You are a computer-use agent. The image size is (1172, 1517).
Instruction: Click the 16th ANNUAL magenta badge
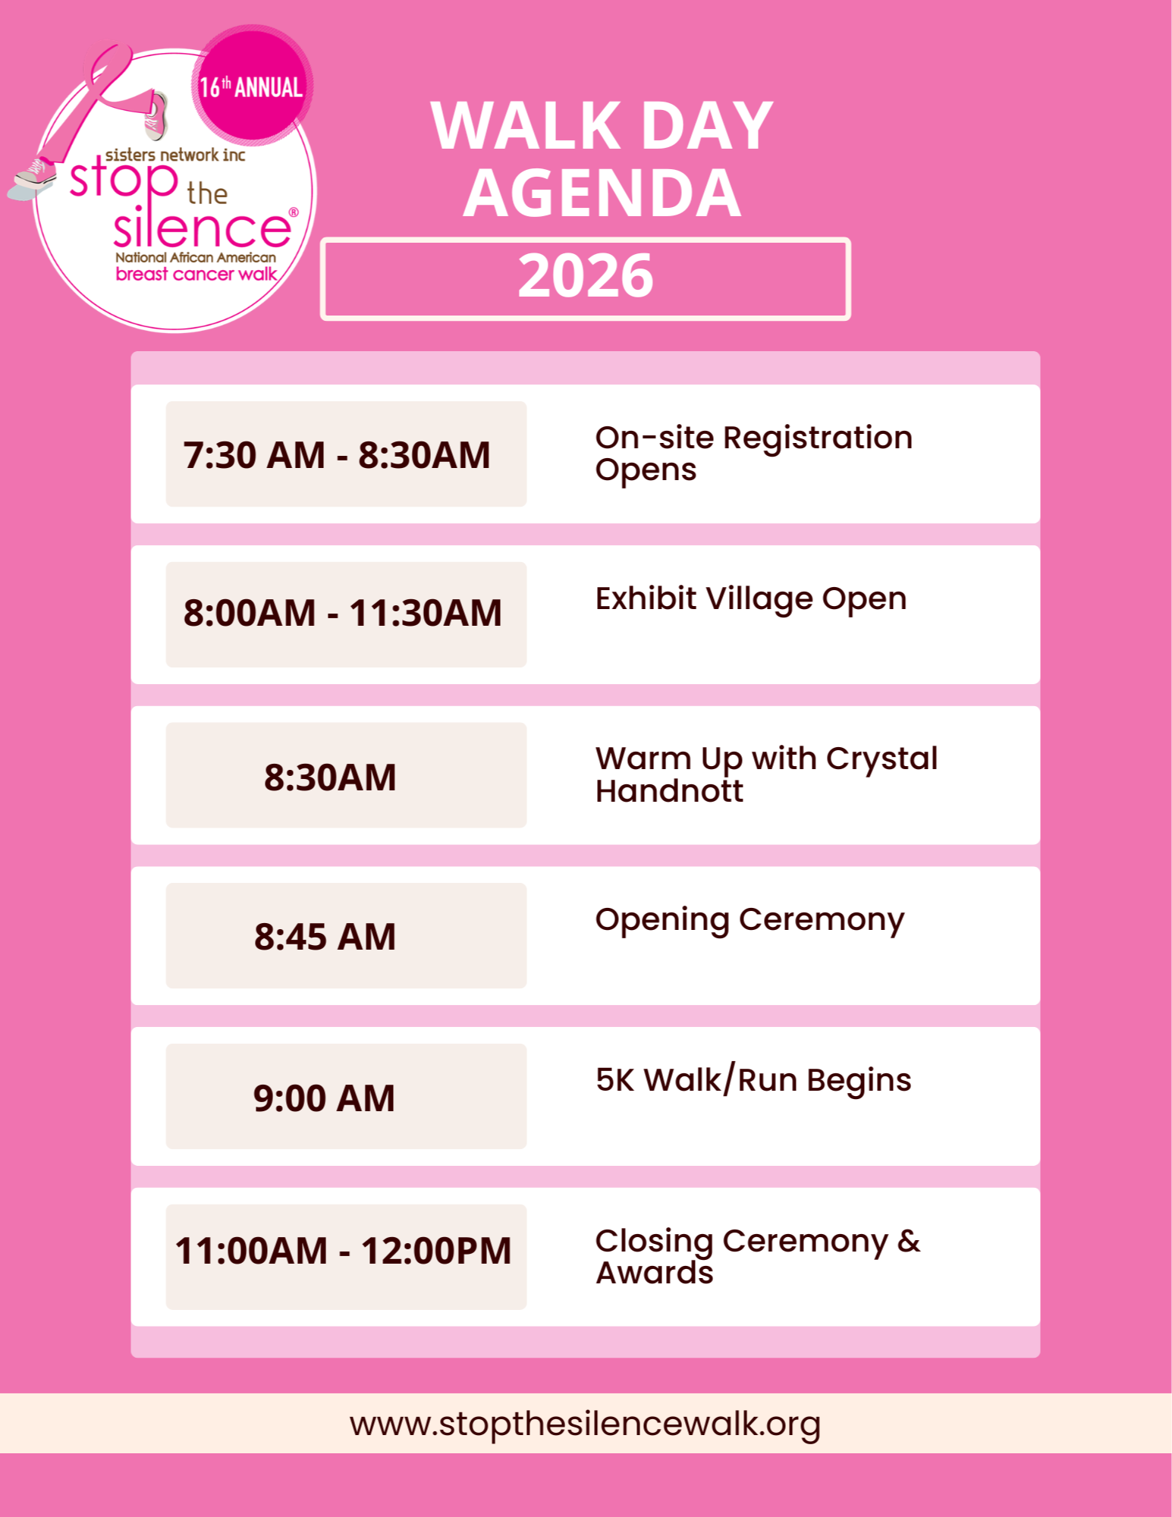tap(252, 85)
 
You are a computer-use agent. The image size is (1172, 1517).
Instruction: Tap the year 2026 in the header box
tap(586, 275)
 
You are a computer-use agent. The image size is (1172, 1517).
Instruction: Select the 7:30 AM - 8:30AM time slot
tap(337, 455)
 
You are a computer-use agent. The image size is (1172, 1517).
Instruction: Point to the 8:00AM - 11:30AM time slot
tap(342, 613)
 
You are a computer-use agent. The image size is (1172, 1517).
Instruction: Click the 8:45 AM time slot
tap(325, 937)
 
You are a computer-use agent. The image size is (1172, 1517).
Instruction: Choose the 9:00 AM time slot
tap(324, 1098)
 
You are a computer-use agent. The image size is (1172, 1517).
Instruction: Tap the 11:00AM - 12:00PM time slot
tap(343, 1251)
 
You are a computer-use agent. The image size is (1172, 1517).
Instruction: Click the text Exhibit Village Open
tap(751, 599)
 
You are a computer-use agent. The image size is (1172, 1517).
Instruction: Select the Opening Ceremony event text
tap(749, 920)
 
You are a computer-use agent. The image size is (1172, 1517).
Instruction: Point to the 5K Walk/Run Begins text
tap(753, 1080)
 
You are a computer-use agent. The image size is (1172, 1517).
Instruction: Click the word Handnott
tap(669, 791)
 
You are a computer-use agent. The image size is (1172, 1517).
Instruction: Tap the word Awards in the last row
tap(655, 1273)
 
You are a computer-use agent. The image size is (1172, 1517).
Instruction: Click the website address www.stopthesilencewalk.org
tap(585, 1424)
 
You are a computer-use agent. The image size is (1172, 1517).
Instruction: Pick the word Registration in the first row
tap(818, 438)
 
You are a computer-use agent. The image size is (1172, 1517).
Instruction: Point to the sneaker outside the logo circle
tap(32, 178)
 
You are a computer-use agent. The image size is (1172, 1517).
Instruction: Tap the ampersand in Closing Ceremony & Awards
tap(909, 1241)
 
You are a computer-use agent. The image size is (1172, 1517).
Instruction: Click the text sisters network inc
tap(175, 155)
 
